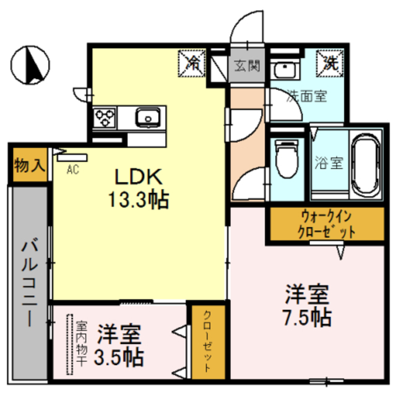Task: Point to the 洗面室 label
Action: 306,96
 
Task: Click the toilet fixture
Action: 285,160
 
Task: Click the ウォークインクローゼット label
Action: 329,225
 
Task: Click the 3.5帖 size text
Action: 120,357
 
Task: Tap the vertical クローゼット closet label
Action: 206,340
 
